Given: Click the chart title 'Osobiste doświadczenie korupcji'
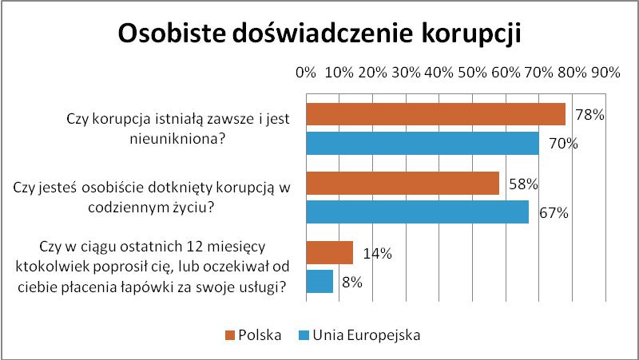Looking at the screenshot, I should click(x=319, y=34).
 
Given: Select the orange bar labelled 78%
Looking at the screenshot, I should click(x=435, y=114).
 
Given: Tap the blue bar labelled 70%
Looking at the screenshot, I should click(x=422, y=143).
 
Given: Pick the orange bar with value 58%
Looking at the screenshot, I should click(x=402, y=184).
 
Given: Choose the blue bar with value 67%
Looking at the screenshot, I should click(x=417, y=212).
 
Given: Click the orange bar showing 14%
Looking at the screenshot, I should click(x=329, y=253).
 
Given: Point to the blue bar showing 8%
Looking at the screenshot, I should click(x=319, y=281).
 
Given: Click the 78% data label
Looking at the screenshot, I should click(x=589, y=115).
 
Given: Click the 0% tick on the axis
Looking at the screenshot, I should click(x=306, y=73).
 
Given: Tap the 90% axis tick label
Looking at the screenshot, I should click(x=605, y=73).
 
